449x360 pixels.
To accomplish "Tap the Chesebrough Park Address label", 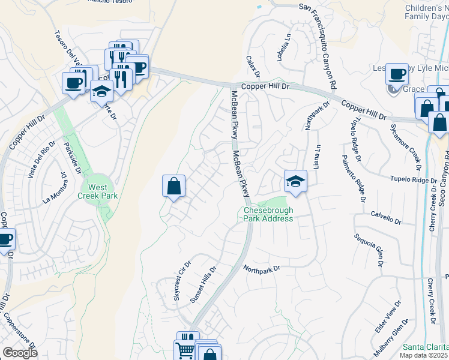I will [x=268, y=214].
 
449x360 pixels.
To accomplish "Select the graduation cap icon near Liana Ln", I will [x=295, y=181].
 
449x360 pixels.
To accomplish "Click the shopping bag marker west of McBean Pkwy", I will [x=173, y=186].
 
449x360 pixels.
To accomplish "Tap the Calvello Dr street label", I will [x=385, y=217].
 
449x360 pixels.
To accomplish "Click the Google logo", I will [x=20, y=353].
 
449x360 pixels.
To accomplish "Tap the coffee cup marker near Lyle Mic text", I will [x=397, y=74].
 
